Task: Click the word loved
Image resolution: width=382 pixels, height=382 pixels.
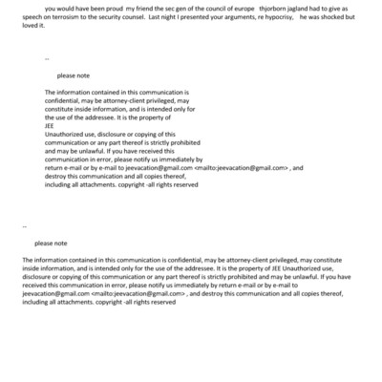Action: tap(15, 27)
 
